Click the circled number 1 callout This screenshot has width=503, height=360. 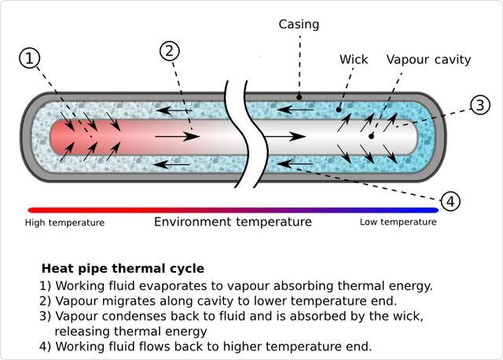30,58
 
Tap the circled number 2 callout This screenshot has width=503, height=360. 170,51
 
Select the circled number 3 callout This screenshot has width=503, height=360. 480,105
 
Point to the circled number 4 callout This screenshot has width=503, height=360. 450,201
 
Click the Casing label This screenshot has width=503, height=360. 299,24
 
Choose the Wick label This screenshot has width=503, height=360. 353,60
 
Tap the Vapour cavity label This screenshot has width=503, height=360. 428,60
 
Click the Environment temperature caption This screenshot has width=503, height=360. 233,222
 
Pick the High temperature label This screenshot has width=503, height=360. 64,222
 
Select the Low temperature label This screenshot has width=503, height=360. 398,222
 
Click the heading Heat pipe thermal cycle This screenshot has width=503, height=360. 123,269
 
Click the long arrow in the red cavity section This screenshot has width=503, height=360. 177,137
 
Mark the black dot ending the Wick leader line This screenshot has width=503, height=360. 339,110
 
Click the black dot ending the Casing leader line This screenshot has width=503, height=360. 299,98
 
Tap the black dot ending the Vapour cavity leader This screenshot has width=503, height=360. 372,136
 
